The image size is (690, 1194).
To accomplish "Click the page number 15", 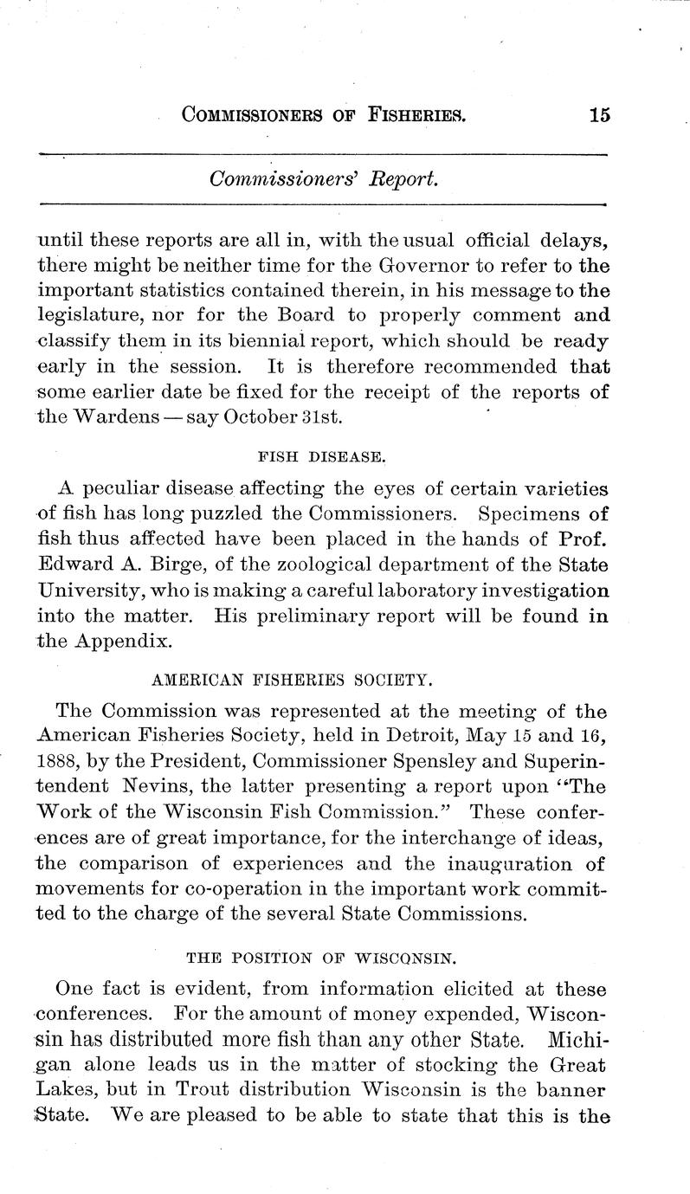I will pyautogui.click(x=598, y=114).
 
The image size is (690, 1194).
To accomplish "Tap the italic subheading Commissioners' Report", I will pyautogui.click(x=325, y=178).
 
